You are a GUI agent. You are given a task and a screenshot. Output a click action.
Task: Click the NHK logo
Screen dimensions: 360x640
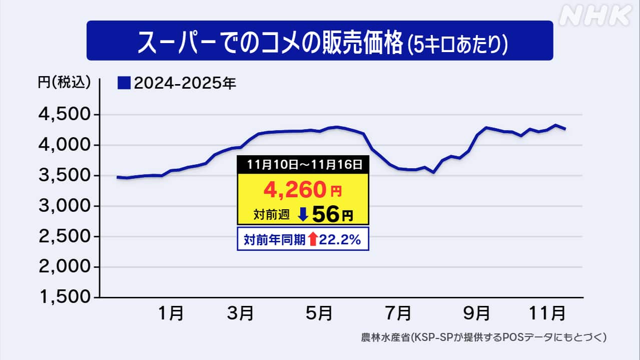[595, 17]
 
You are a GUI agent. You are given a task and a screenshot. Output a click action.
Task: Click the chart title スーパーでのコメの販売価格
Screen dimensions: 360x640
[270, 42]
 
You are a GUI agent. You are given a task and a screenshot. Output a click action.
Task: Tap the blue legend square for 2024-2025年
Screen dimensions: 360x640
[124, 83]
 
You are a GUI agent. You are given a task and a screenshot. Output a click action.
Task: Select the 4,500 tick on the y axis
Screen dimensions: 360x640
[65, 115]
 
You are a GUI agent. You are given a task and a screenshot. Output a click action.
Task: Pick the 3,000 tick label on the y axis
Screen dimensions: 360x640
[65, 206]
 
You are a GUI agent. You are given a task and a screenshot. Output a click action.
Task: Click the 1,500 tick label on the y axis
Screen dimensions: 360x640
[65, 297]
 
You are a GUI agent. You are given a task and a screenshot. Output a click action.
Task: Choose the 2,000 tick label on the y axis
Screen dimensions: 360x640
[65, 267]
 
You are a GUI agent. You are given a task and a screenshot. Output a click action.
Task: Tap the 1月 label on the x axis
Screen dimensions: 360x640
[170, 314]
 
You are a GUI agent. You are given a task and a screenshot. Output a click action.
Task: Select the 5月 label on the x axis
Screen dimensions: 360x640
[319, 314]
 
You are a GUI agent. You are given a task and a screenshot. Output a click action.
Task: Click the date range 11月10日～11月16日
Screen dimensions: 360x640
[303, 164]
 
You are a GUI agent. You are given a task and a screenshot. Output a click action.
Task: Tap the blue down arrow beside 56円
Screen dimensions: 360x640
[302, 215]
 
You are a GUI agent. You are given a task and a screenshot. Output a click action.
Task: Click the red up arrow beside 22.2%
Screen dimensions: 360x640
[313, 240]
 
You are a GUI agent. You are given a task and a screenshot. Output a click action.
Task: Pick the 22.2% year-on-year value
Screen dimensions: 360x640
[340, 240]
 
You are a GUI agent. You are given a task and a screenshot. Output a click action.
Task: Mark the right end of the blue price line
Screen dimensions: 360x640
[565, 129]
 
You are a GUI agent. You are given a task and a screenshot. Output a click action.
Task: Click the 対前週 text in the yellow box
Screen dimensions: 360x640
[272, 216]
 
